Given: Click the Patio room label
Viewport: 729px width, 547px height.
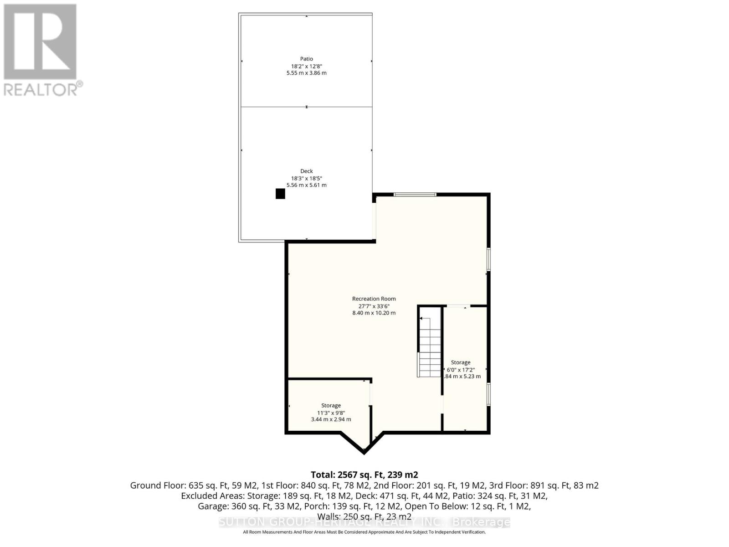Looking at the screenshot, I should pyautogui.click(x=306, y=59).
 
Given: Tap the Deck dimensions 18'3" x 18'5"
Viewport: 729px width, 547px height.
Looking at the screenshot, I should pyautogui.click(x=306, y=178).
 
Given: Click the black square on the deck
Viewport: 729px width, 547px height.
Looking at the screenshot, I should pyautogui.click(x=280, y=194).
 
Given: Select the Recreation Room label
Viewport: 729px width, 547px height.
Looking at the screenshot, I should pyautogui.click(x=374, y=299).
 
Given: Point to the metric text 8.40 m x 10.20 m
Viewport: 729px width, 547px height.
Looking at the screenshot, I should pyautogui.click(x=374, y=313).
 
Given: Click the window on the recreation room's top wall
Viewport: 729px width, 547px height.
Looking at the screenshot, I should pyautogui.click(x=415, y=195).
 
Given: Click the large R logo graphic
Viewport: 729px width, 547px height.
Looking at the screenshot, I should pyautogui.click(x=40, y=42).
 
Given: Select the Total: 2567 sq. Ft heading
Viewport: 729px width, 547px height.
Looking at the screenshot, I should pyautogui.click(x=364, y=475).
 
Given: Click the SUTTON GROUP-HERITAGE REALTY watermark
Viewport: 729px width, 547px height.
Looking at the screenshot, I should pyautogui.click(x=364, y=522).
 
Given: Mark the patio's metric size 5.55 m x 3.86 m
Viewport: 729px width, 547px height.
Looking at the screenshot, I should pyautogui.click(x=306, y=73).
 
